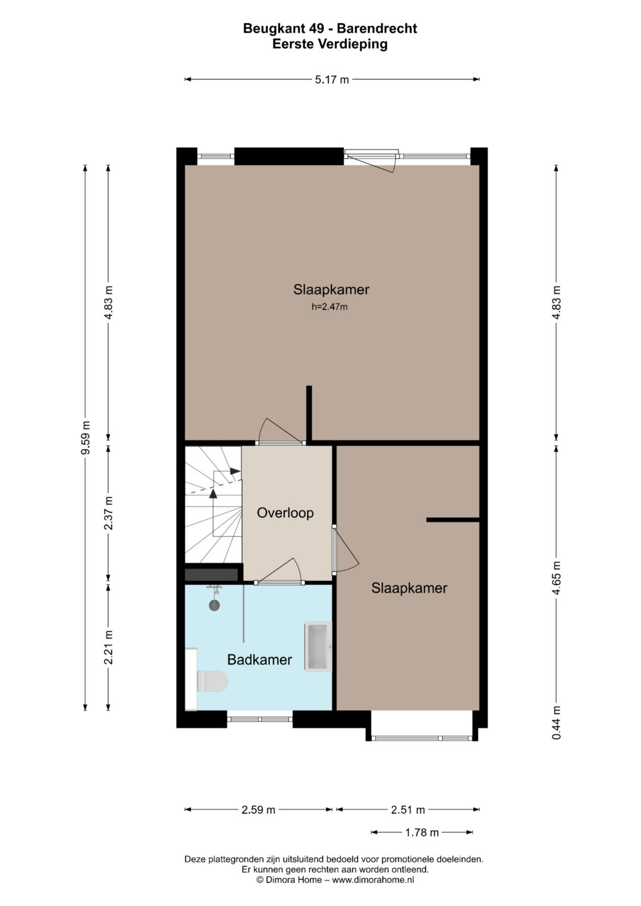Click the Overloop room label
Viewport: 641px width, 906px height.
tap(285, 513)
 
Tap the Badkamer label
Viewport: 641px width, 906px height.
tap(259, 660)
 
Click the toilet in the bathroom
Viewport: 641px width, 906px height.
tap(212, 681)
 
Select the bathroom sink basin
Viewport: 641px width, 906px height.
tap(318, 647)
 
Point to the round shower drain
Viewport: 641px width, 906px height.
tap(214, 605)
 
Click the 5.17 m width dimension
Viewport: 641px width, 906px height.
tap(332, 80)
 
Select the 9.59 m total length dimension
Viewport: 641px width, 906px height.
tap(85, 438)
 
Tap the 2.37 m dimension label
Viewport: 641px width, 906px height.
tap(109, 513)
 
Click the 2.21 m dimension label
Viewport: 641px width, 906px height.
tap(109, 647)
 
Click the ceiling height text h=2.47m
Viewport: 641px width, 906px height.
tap(329, 307)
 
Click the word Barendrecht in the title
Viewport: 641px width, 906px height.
tap(377, 28)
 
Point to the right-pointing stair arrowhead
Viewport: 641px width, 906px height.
tap(235, 471)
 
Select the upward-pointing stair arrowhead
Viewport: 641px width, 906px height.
tap(213, 493)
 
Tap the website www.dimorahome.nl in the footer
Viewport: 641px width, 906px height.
tap(373, 880)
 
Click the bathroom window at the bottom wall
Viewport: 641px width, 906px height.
tap(259, 719)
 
